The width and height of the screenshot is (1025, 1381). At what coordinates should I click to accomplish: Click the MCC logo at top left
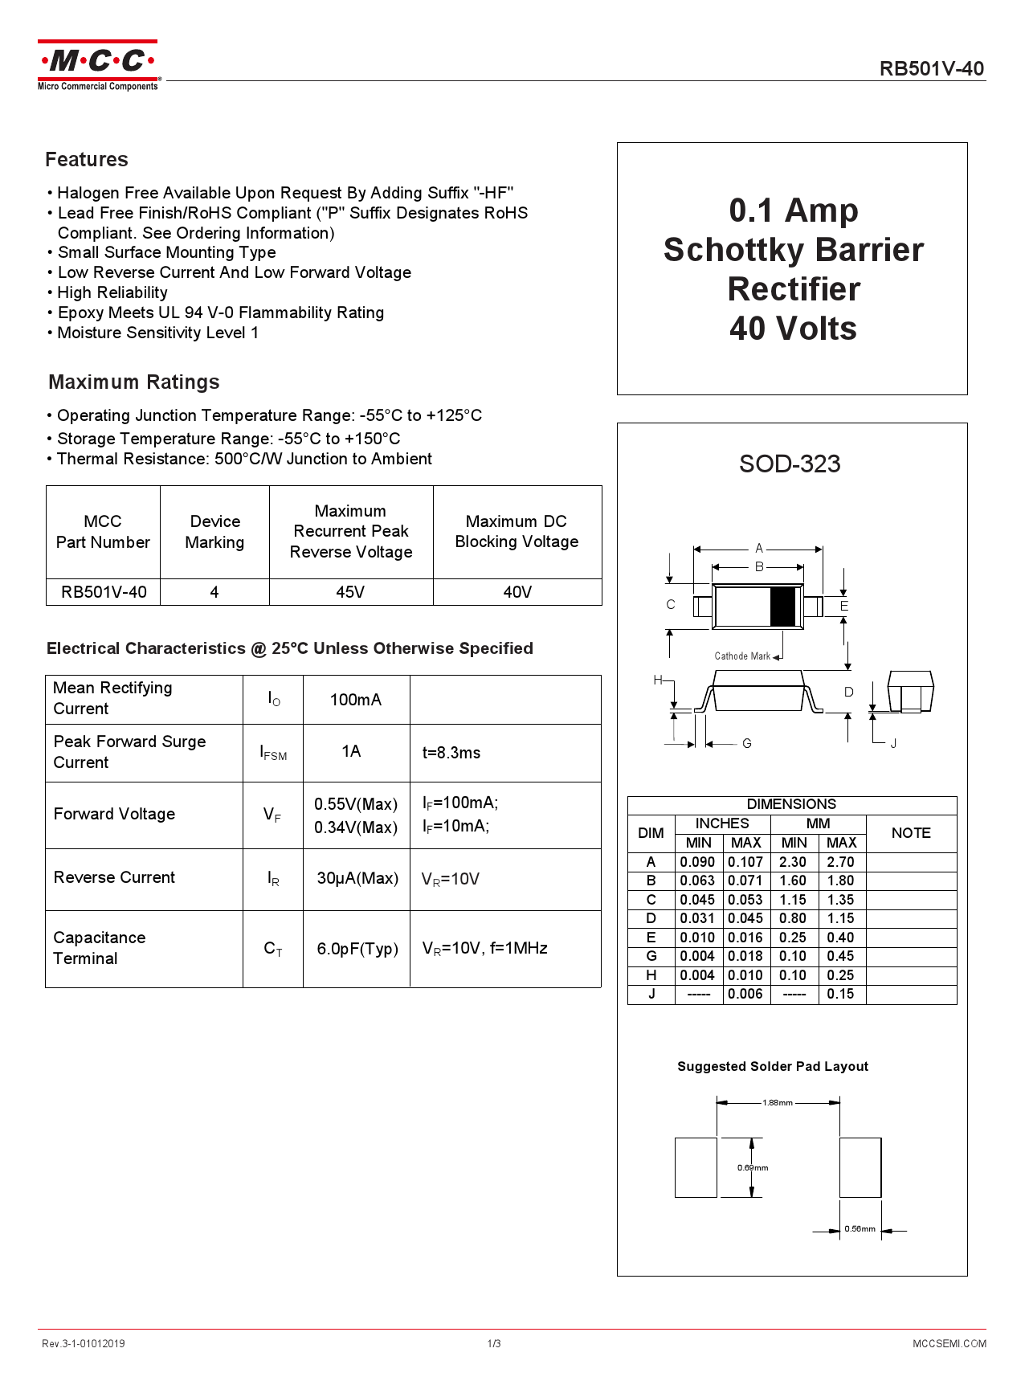98,65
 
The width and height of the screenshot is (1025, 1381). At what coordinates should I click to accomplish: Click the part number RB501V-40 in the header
931,69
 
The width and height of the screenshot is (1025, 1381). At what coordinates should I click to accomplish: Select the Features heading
87,160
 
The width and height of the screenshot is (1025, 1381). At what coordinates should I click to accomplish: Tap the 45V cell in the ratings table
350,592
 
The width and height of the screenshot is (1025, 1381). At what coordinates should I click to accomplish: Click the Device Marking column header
214,532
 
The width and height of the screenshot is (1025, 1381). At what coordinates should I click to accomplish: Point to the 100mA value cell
356,700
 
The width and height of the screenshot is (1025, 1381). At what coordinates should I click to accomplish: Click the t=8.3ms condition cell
451,753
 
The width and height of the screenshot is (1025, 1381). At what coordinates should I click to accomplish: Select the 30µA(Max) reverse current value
357,878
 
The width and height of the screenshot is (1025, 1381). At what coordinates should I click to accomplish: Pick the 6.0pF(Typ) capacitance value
357,949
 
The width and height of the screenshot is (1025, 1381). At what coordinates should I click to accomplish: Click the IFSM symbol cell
273,753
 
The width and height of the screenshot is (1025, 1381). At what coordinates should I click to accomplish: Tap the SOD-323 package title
790,464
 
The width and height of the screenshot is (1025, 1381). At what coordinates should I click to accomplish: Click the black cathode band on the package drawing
782,607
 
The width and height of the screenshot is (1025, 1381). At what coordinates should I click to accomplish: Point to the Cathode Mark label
742,656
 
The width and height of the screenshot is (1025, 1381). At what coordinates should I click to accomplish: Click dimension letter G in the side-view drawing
747,744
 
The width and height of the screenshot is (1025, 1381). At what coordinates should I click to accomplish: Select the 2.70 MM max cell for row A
841,862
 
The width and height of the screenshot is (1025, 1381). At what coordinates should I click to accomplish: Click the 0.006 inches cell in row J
745,994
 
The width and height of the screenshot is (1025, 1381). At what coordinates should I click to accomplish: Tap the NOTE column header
911,833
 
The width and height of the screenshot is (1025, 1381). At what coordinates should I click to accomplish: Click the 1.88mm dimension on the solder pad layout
778,1102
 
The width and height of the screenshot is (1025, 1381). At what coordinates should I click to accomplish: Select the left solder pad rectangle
696,1167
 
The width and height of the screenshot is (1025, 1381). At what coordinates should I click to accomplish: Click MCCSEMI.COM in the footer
949,1343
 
